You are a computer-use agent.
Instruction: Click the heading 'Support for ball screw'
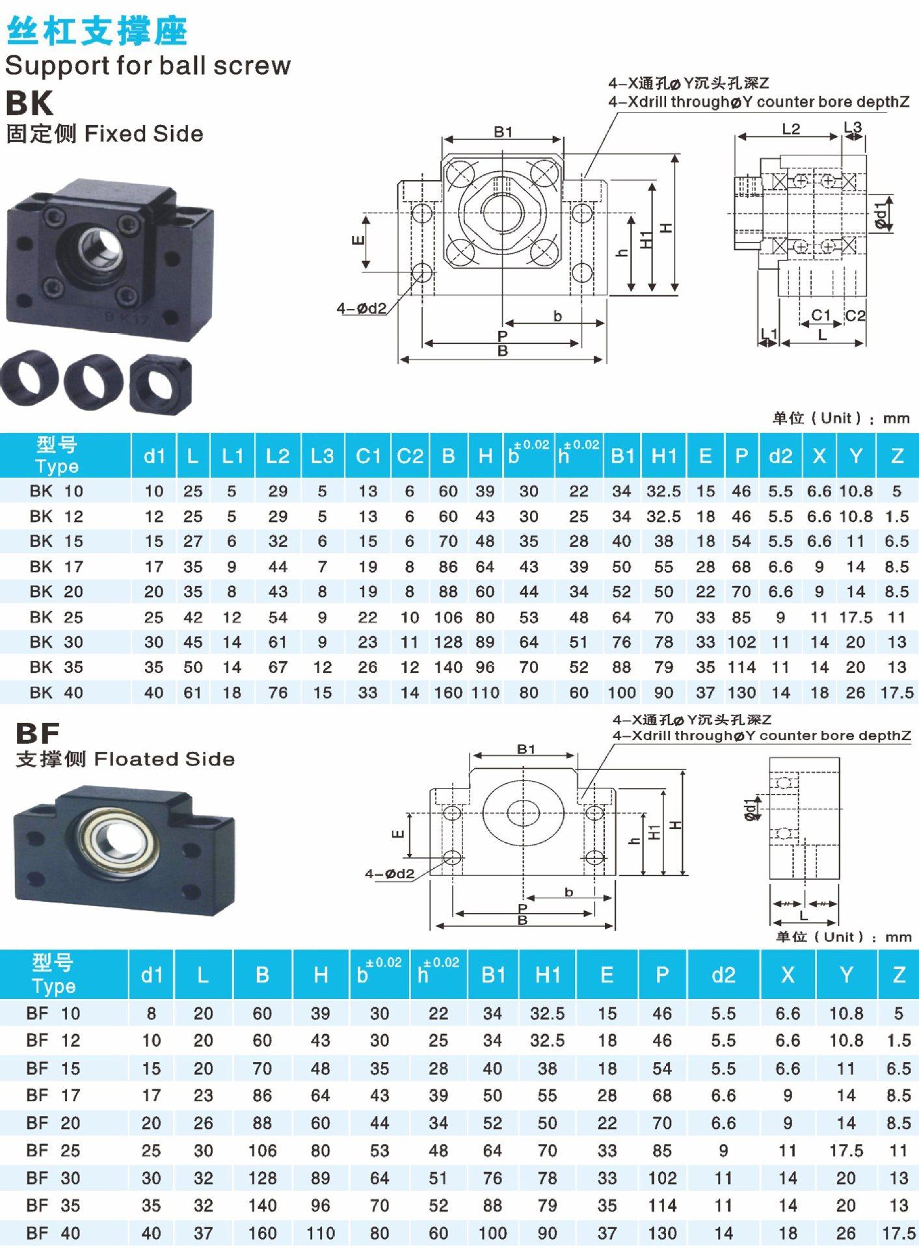click(148, 66)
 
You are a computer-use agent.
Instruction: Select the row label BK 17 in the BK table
click(57, 566)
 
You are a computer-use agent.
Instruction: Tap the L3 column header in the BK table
click(322, 456)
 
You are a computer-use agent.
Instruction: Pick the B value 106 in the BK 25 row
click(448, 617)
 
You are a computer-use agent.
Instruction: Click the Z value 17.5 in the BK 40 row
click(897, 693)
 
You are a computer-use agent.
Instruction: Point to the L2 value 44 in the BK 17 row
click(278, 566)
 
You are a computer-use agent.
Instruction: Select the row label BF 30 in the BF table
click(53, 1178)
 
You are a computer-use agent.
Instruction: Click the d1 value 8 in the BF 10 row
click(152, 1013)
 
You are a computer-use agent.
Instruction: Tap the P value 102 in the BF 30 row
click(662, 1178)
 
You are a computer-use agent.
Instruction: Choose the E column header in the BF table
click(607, 975)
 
